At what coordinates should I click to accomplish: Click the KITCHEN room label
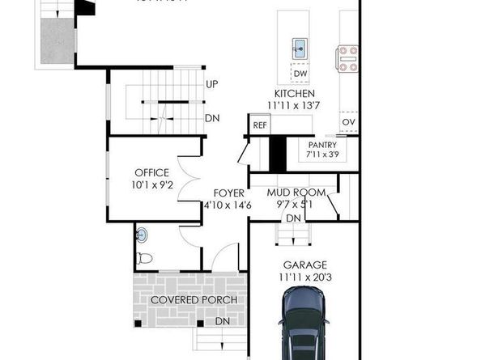tap(294, 94)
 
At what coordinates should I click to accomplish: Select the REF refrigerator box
tap(259, 125)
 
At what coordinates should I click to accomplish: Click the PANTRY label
tap(321, 145)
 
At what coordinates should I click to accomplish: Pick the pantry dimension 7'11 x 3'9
tap(321, 154)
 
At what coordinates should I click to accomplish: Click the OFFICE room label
tap(151, 172)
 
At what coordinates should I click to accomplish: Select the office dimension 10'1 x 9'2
tap(151, 184)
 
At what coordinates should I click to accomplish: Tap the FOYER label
tap(227, 193)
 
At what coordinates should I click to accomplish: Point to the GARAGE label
tap(304, 265)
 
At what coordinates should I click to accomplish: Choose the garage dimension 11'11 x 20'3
tap(304, 277)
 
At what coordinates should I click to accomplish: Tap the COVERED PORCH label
tap(194, 301)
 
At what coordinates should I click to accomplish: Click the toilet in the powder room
tap(145, 259)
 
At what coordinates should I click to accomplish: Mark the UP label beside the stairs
tap(212, 84)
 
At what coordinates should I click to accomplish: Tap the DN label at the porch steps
tap(221, 321)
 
